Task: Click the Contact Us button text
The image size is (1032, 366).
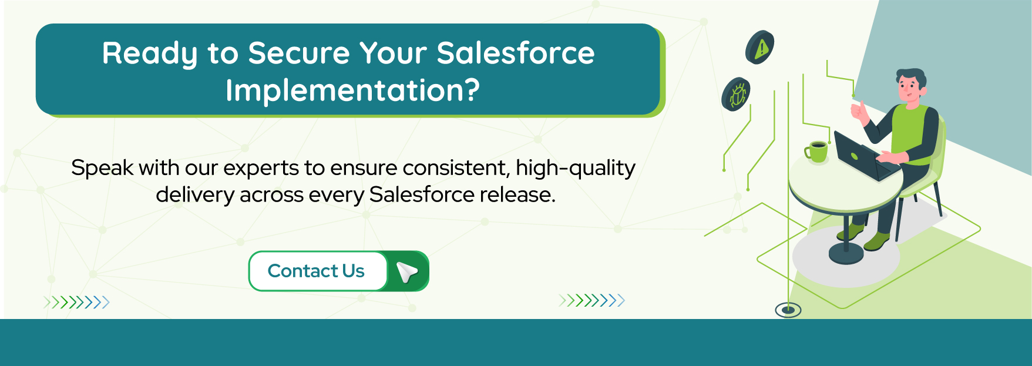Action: pyautogui.click(x=316, y=271)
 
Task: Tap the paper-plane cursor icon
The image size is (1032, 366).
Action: pyautogui.click(x=406, y=271)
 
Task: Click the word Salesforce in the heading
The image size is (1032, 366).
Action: pyautogui.click(x=515, y=53)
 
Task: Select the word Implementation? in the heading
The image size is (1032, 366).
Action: pyautogui.click(x=352, y=90)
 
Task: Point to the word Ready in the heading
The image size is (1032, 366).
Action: pyautogui.click(x=149, y=53)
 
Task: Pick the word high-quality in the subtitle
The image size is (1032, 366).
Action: pyautogui.click(x=575, y=169)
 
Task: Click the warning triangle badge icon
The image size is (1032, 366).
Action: pyautogui.click(x=761, y=47)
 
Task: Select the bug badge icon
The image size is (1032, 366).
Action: pyautogui.click(x=737, y=94)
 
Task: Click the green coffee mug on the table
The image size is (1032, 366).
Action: pyautogui.click(x=816, y=151)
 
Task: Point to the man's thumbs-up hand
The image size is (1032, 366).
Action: pyautogui.click(x=859, y=112)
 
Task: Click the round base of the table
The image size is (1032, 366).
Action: pyautogui.click(x=846, y=254)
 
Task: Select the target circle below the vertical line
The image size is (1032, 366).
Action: pyautogui.click(x=788, y=310)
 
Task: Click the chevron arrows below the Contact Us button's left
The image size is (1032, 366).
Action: pyautogui.click(x=76, y=303)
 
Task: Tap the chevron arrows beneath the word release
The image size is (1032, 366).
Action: pyautogui.click(x=591, y=301)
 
